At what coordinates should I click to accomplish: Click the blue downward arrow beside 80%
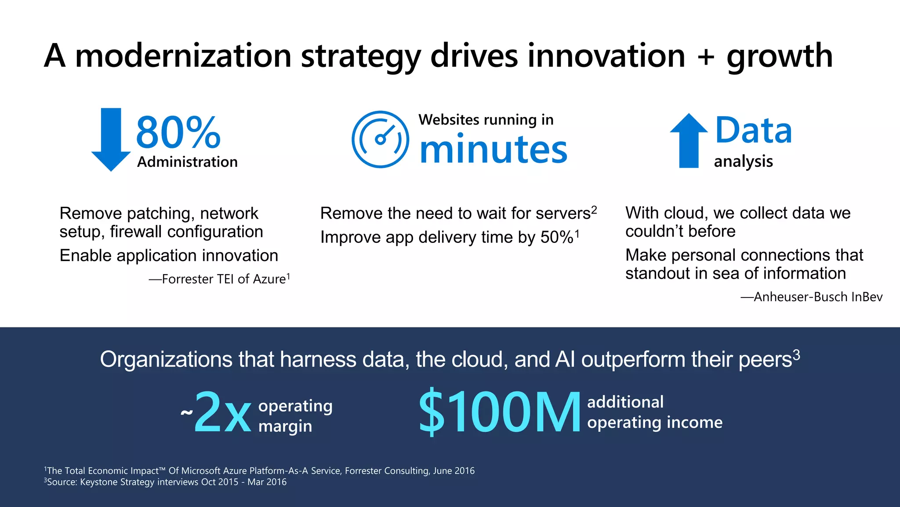tap(111, 139)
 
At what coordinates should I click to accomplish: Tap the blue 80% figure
tap(178, 132)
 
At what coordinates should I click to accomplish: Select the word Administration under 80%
tap(187, 162)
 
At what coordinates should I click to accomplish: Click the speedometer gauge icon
tap(380, 139)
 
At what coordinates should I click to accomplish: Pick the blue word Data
tap(753, 130)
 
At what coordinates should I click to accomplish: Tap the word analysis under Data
tap(743, 162)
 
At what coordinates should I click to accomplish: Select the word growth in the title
tap(780, 56)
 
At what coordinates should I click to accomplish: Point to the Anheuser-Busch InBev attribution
tap(812, 297)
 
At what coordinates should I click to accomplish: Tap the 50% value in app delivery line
tap(557, 237)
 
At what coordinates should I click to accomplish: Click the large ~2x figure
tap(218, 412)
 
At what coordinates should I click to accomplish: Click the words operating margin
tap(295, 415)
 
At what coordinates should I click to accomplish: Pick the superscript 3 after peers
tap(796, 355)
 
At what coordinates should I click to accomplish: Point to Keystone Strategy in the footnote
tap(117, 482)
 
